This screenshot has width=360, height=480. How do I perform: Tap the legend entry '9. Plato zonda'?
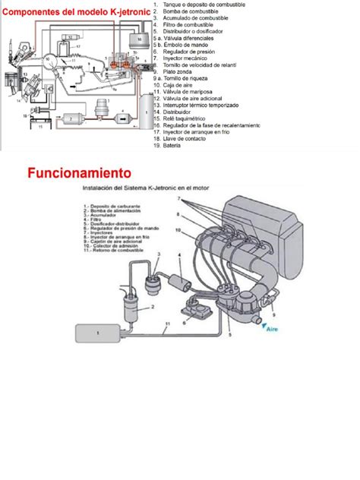[181, 71]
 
